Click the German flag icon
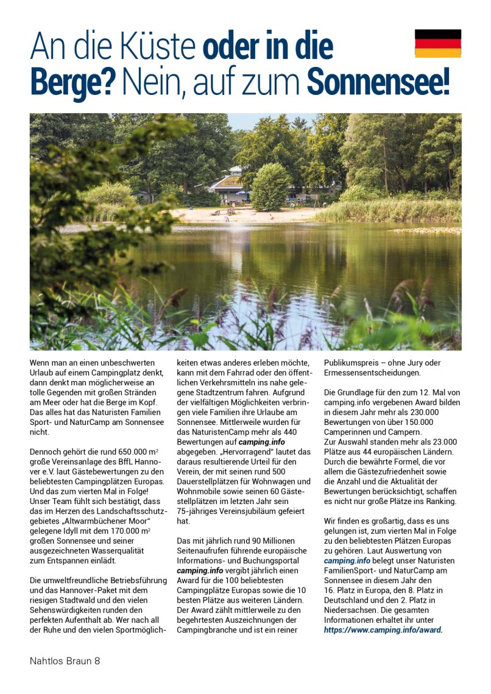pos(437,43)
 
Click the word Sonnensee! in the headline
pos(378,83)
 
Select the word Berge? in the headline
pos(72,83)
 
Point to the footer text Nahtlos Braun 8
pos(65,661)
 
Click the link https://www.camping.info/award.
pos(383,629)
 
